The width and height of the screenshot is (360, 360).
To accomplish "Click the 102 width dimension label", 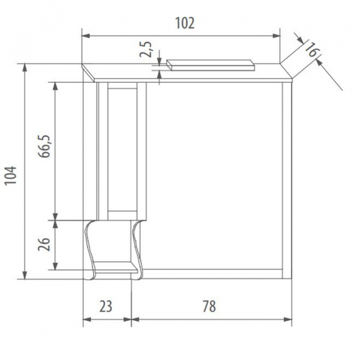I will [x=184, y=23].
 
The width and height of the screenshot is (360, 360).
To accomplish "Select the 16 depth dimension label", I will [x=310, y=50].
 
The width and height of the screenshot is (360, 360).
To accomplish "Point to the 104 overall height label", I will [x=11, y=175].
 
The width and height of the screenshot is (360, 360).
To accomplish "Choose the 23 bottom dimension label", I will [x=105, y=307].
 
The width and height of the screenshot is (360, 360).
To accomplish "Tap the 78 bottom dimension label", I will [x=208, y=307].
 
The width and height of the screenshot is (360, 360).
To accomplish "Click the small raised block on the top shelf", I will [x=210, y=64].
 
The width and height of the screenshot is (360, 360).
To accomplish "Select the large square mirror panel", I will [x=213, y=174].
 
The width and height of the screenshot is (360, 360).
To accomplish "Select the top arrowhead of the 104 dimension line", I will [x=25, y=67].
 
